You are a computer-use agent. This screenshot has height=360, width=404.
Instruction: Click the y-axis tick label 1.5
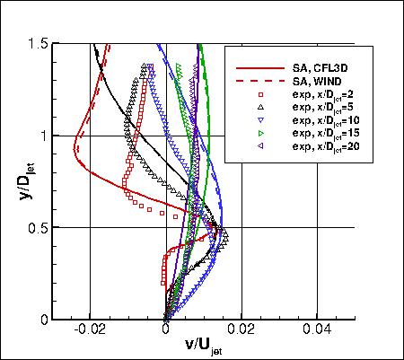coord(37,43)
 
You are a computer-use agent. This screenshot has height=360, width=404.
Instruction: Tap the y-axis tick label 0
coord(43,320)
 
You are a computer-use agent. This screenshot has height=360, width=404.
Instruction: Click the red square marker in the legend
coord(259,93)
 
